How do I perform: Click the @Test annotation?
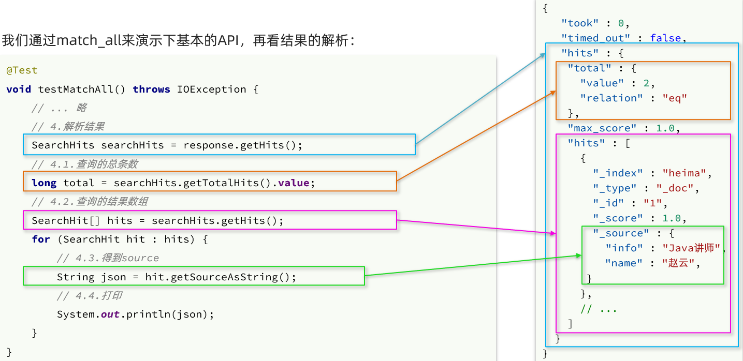point(22,70)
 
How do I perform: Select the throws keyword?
point(151,89)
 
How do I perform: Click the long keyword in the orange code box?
point(45,183)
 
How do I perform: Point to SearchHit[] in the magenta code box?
point(66,221)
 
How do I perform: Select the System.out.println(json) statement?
point(135,314)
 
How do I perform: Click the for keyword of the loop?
point(40,239)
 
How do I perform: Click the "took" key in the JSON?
point(579,23)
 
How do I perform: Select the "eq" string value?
point(674,98)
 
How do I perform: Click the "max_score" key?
point(602,128)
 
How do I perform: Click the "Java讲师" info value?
point(691,248)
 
